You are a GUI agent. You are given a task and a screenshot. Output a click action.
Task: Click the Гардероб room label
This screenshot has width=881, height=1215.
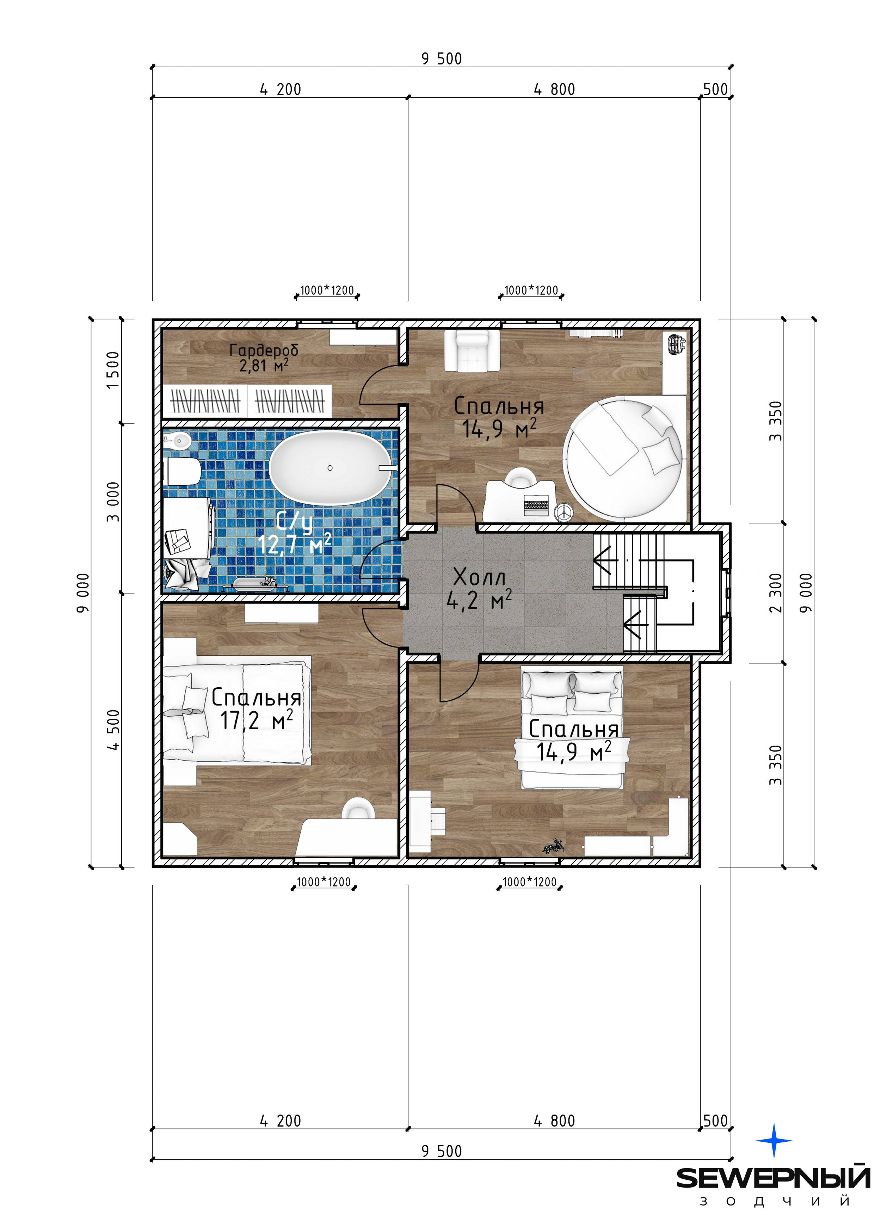264,350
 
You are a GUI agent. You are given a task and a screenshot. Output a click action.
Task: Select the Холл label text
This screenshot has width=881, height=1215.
479,577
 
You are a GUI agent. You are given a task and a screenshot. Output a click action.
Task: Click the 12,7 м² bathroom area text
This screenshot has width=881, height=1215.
295,544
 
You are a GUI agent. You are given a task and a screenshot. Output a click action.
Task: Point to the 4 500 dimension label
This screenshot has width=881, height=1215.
113,730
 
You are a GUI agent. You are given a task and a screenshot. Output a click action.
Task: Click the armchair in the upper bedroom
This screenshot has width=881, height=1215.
471,350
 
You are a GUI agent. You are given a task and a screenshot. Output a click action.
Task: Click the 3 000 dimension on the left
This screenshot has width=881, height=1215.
113,502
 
